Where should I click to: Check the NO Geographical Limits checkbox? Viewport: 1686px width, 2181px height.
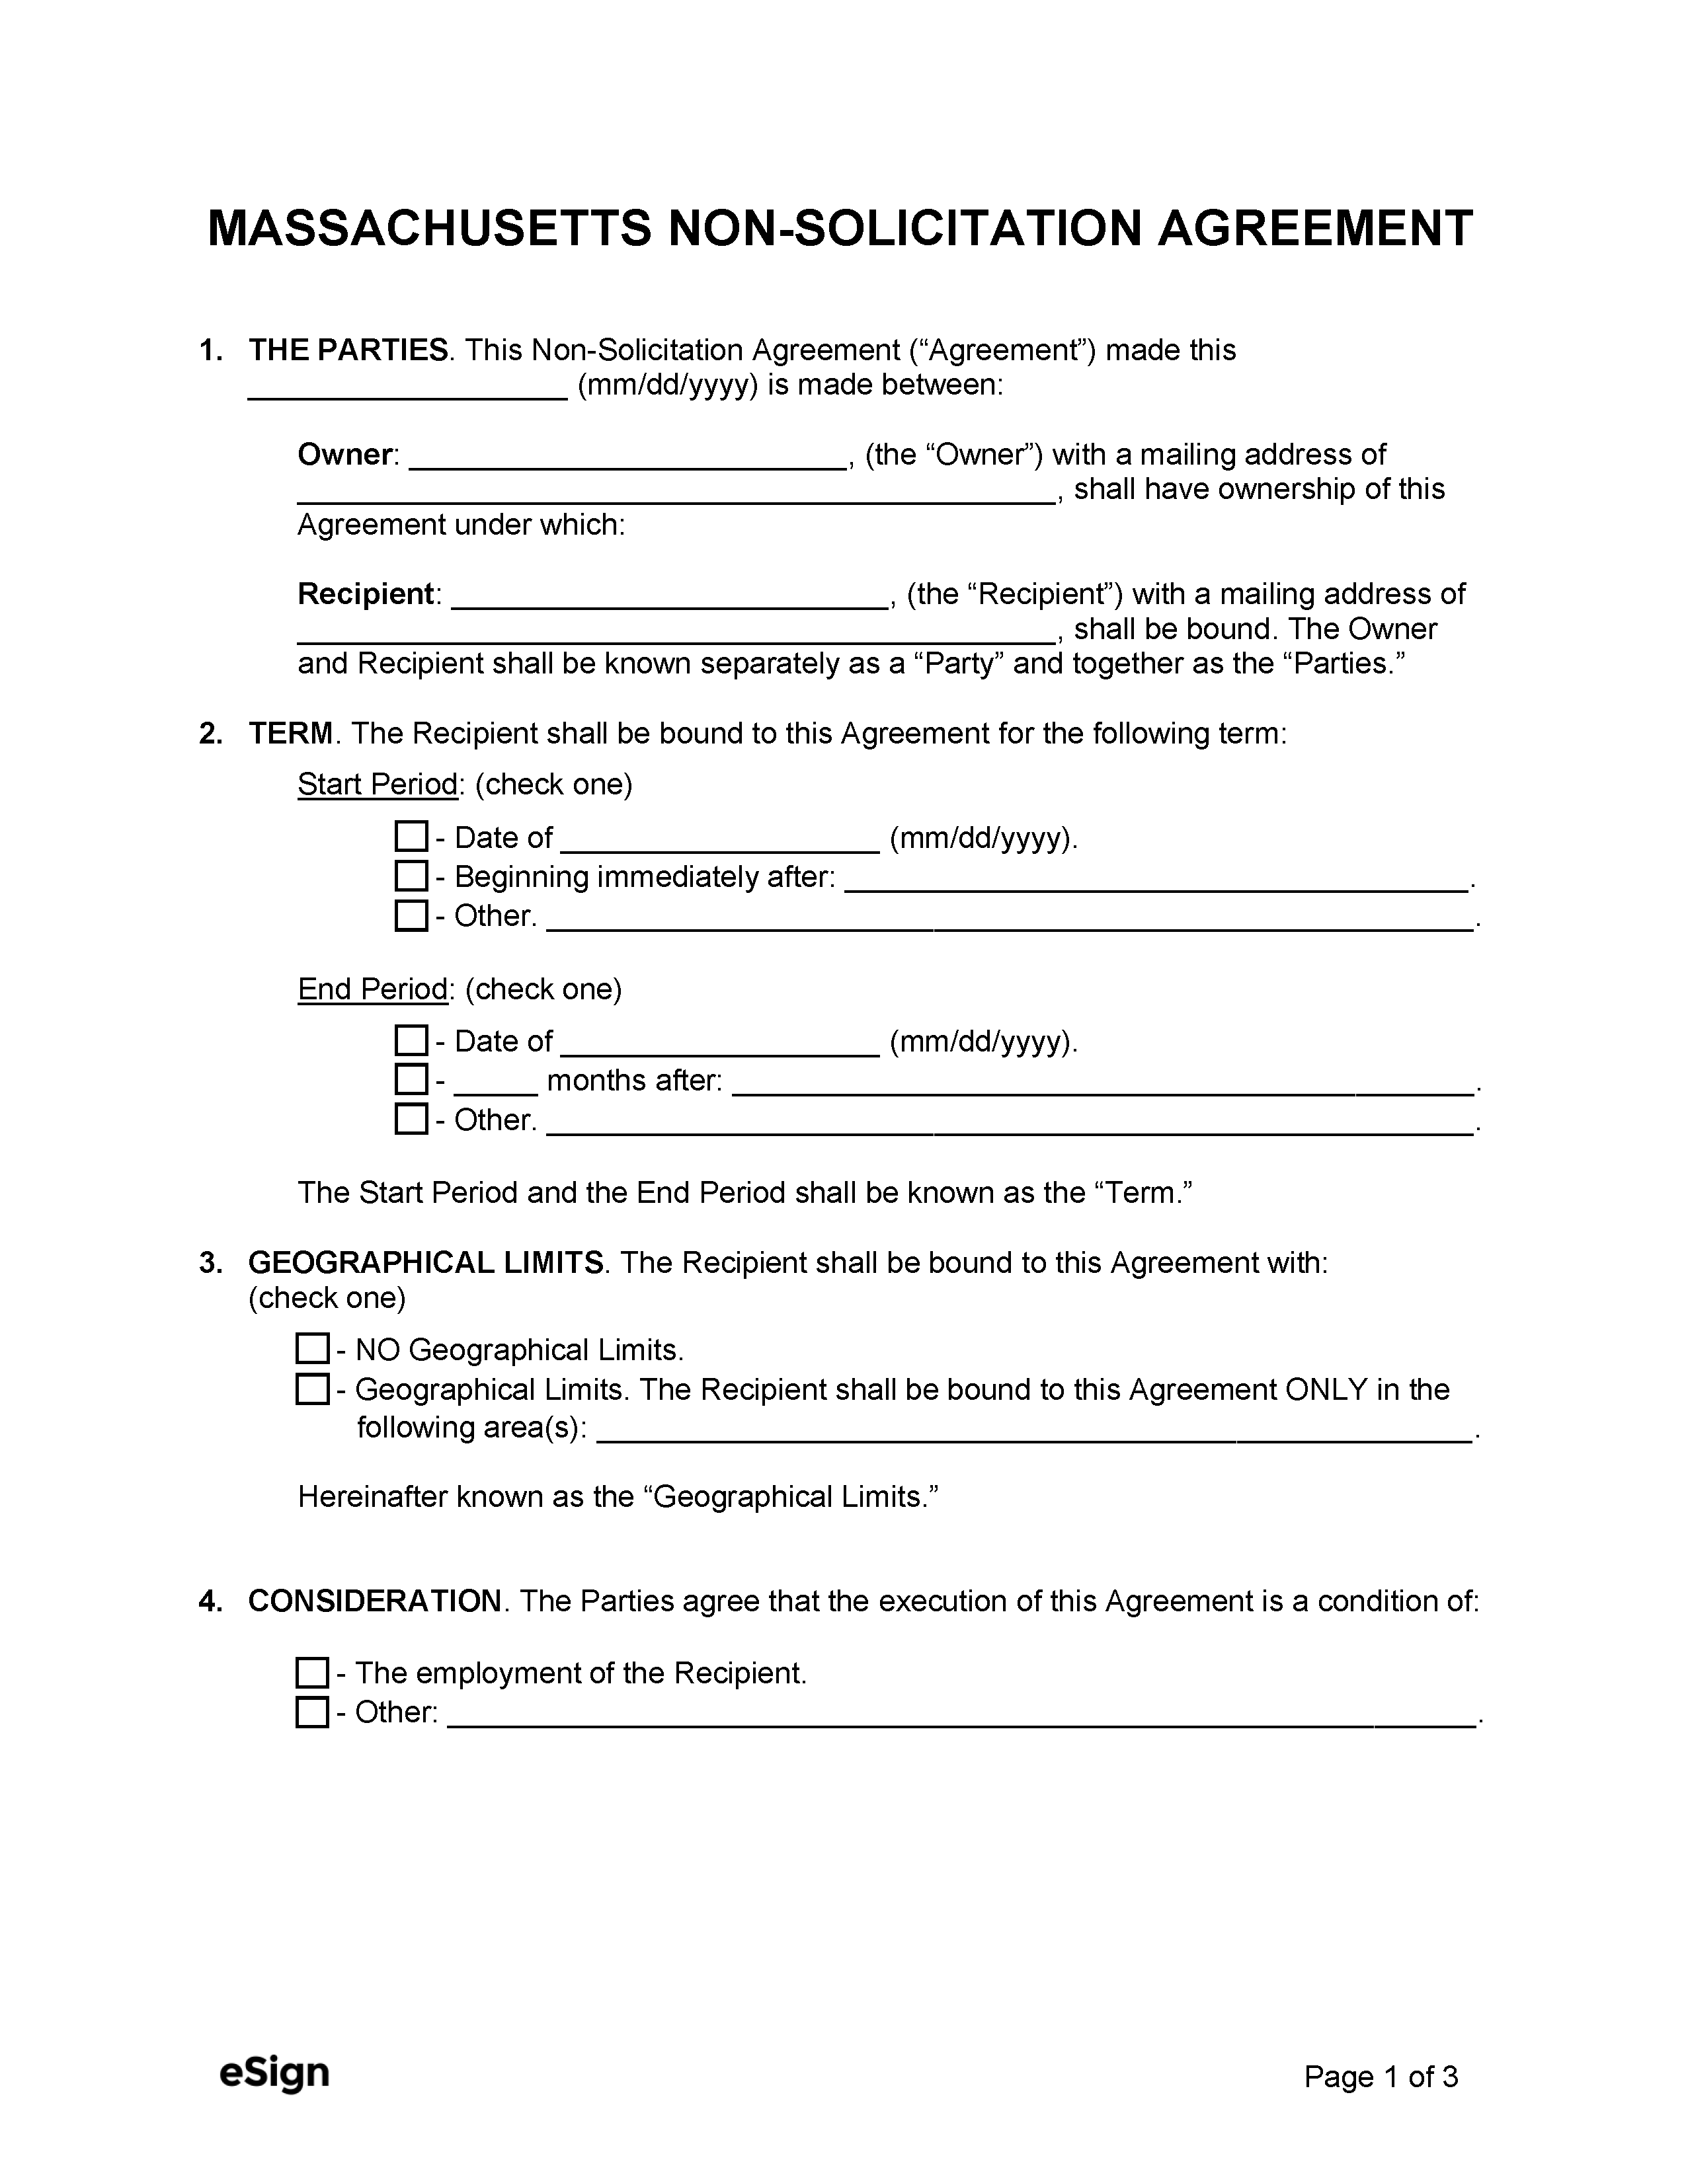(313, 1349)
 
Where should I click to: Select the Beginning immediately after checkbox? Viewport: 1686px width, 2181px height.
(411, 876)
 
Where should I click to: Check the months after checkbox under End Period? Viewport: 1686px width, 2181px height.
(411, 1079)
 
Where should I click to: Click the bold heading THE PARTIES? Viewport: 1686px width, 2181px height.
(348, 350)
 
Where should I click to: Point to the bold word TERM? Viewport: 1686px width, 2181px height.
(290, 734)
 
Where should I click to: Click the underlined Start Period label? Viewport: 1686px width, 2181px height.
(377, 785)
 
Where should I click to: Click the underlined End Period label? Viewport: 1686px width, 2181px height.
(372, 989)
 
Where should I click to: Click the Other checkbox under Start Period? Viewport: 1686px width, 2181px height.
(411, 915)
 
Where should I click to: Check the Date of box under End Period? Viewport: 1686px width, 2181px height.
(411, 1040)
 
